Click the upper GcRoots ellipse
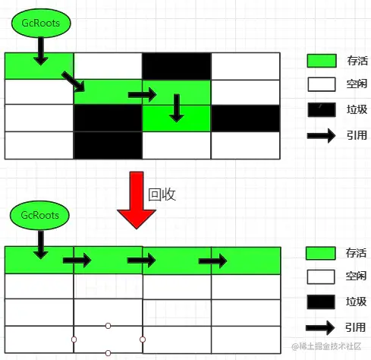pos(41,23)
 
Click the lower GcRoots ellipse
pos(39,215)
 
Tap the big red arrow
pos(137,200)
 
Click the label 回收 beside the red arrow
pos(162,194)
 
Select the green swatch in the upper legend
pos(322,61)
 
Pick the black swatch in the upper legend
pos(322,109)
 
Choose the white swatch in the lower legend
pos(321,276)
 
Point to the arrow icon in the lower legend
pos(320,328)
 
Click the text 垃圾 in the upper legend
pos(357,109)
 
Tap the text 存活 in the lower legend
pos(356,253)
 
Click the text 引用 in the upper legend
pos(357,135)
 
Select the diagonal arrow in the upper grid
pos(73,81)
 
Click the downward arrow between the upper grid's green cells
pos(177,108)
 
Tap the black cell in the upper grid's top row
pos(177,66)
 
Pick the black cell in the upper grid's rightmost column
pos(246,118)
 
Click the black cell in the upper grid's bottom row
pos(108,145)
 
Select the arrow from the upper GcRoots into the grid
pos(41,51)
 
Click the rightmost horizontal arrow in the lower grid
pos(212,261)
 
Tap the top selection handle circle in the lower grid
pos(108,326)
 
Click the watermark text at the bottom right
pos(326,346)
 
